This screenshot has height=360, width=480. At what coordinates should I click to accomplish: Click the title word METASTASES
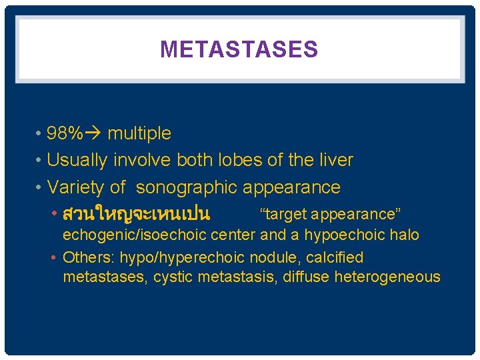(239, 49)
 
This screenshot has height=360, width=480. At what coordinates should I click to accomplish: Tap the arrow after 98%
(93, 134)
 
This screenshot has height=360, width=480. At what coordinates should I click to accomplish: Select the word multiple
(139, 134)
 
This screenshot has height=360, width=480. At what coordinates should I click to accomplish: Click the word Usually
(76, 161)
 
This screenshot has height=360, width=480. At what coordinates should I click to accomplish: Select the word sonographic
(187, 188)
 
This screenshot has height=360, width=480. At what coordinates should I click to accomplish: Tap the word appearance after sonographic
(291, 188)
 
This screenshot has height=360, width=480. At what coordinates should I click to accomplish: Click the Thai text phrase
(136, 215)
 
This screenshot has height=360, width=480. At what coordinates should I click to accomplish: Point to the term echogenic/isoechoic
(126, 235)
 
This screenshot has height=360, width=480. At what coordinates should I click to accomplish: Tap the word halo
(406, 235)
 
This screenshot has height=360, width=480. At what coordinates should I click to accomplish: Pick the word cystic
(173, 277)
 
